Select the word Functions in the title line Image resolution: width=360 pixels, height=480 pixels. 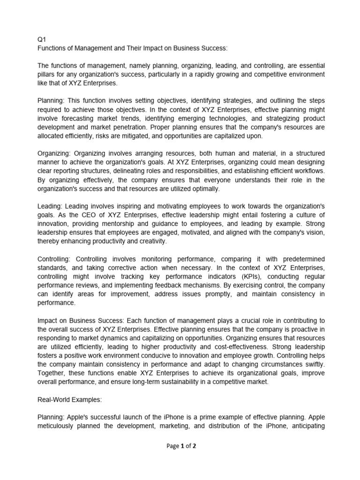(x=52, y=48)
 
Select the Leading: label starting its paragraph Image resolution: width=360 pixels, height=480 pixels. (x=50, y=206)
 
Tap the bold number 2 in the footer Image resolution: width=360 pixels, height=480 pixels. (x=194, y=446)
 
